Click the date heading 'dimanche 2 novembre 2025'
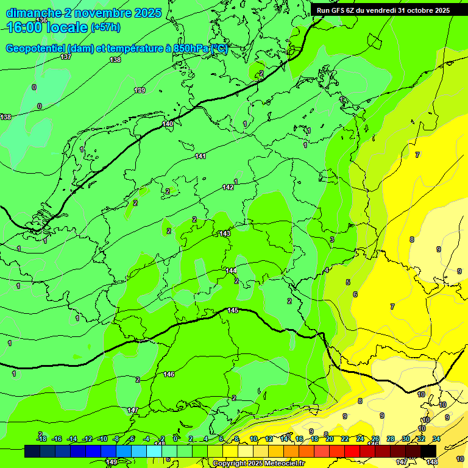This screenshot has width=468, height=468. (x=83, y=13)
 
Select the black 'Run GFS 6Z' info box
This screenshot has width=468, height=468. (x=383, y=10)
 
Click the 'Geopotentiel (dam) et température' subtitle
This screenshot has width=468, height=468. (x=116, y=49)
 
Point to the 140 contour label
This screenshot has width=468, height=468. (x=168, y=124)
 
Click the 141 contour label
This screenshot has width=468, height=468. (x=200, y=157)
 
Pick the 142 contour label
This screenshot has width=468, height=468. (x=228, y=187)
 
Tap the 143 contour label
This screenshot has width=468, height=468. (x=225, y=233)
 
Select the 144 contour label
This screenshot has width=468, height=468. (x=231, y=271)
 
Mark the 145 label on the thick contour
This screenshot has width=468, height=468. (x=233, y=311)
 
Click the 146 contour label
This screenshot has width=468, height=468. (x=169, y=374)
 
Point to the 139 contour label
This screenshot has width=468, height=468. (x=140, y=90)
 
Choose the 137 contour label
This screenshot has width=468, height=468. (x=66, y=57)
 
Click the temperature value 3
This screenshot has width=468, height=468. (x=332, y=239)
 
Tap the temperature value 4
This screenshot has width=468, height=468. (x=327, y=270)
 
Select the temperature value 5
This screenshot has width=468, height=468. (x=348, y=282)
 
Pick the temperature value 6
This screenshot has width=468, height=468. (x=355, y=294)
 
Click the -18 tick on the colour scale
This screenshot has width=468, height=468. (x=41, y=439)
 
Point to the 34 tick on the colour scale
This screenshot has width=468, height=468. (x=436, y=439)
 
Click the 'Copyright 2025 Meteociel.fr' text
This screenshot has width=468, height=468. (x=258, y=464)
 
